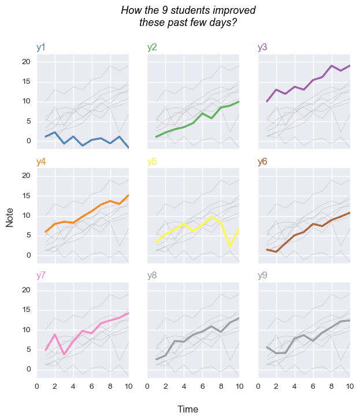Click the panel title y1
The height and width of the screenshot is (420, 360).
[41, 47]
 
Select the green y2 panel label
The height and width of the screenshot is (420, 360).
[152, 47]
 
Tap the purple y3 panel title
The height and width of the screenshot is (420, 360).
[262, 47]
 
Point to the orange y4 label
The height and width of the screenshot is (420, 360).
[41, 162]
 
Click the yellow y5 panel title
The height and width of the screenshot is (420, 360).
[152, 162]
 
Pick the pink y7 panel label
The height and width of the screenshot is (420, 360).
[41, 276]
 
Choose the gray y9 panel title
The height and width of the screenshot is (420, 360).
[262, 276]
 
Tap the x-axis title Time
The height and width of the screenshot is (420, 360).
[188, 410]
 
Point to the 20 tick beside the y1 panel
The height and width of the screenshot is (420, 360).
[25, 62]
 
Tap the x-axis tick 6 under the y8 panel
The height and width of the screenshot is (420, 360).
[202, 386]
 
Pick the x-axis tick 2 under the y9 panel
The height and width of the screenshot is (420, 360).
[276, 386]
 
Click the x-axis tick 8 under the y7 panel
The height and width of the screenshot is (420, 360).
[110, 386]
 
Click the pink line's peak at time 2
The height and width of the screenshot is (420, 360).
[55, 334]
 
